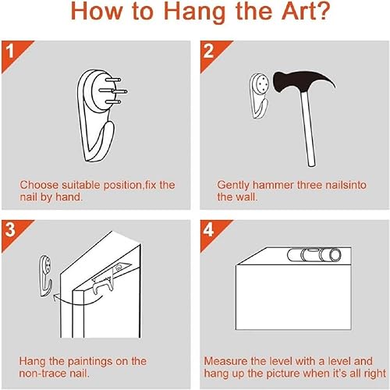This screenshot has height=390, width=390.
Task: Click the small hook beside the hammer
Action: click(259, 96)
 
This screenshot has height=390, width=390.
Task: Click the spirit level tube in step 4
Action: click(314, 255)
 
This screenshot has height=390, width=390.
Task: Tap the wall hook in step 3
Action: click(46, 276)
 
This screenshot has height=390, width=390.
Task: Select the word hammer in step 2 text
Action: click(273, 185)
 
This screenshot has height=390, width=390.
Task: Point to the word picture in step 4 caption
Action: click(283, 374)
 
